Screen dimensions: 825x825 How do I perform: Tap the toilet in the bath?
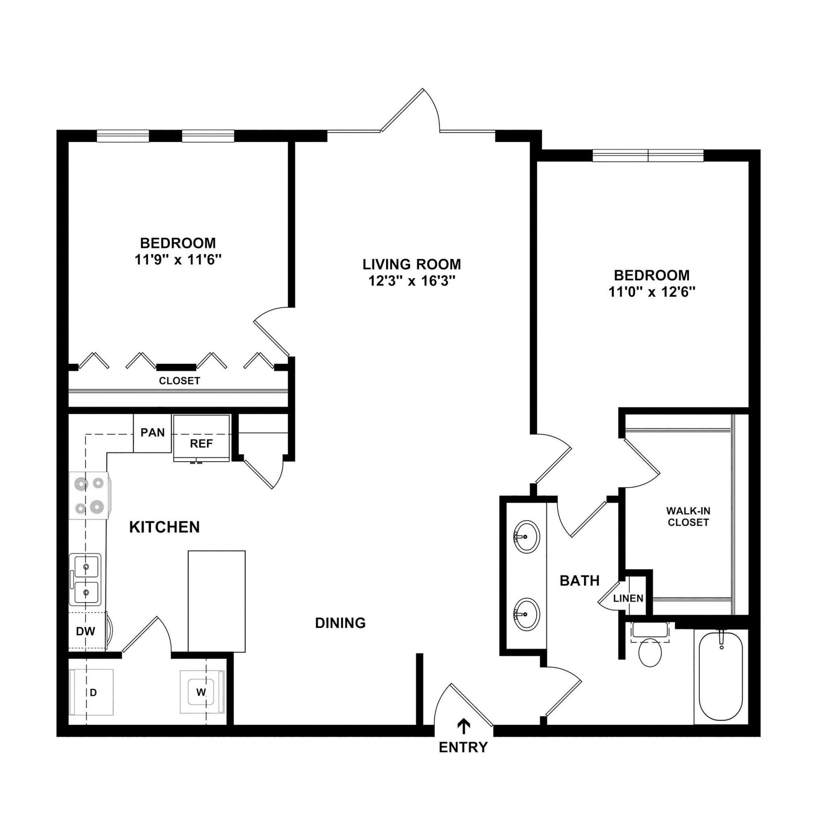pyautogui.click(x=650, y=652)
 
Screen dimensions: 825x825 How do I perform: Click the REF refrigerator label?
pyautogui.click(x=201, y=444)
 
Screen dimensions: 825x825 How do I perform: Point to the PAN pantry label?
pyautogui.click(x=152, y=433)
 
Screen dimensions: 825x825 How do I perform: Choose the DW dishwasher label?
pyautogui.click(x=85, y=631)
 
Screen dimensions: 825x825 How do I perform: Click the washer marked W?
pyautogui.click(x=201, y=692)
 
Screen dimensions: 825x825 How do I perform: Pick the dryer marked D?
pyautogui.click(x=93, y=692)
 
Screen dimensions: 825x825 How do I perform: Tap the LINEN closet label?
pyautogui.click(x=628, y=598)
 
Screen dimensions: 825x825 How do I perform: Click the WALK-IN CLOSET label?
pyautogui.click(x=688, y=516)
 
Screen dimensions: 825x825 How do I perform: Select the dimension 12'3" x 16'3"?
pyautogui.click(x=412, y=281)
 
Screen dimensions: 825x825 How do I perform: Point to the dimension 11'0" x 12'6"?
pyautogui.click(x=652, y=292)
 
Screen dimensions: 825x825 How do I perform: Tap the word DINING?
pyautogui.click(x=340, y=623)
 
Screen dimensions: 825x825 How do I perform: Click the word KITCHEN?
pyautogui.click(x=164, y=527)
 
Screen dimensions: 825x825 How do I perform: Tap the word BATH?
pyautogui.click(x=579, y=581)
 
